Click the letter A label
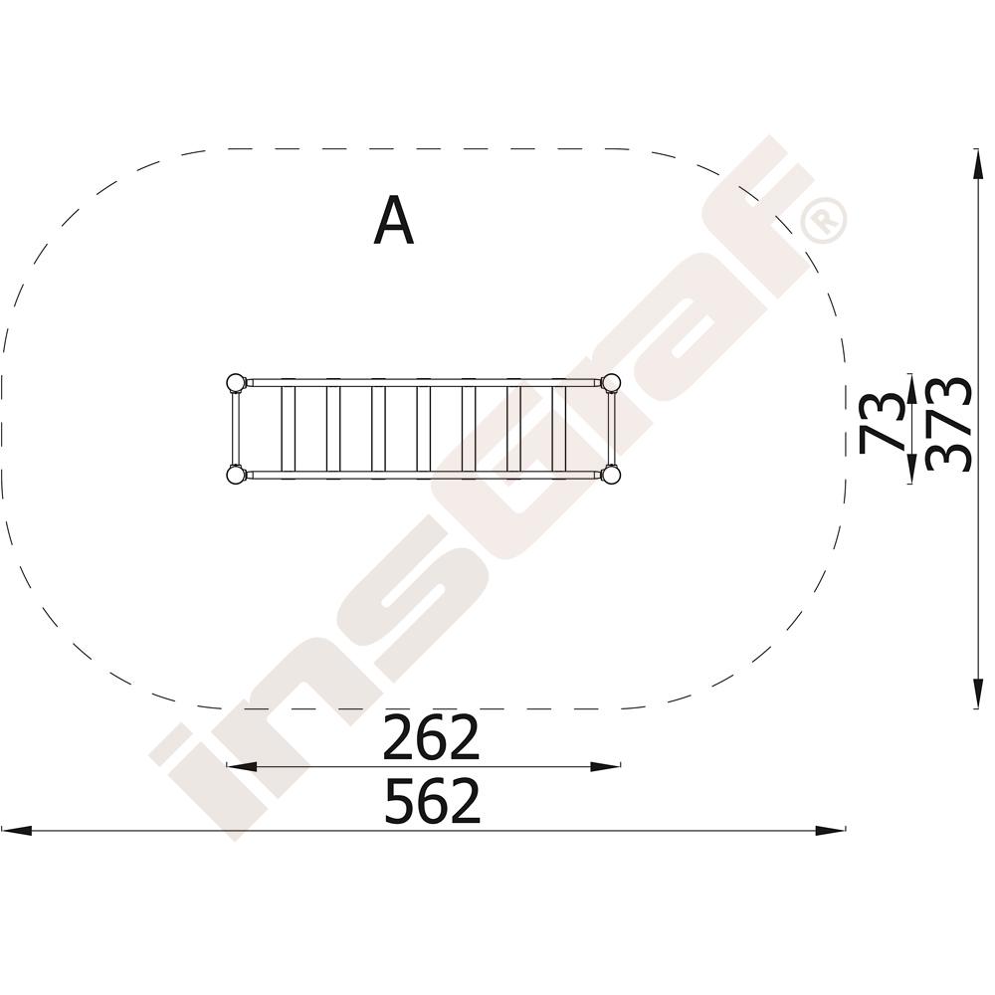click(394, 220)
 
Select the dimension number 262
click(431, 737)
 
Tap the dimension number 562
click(432, 801)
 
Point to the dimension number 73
click(881, 423)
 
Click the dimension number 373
click(948, 425)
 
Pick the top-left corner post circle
click(236, 383)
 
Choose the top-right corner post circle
click(611, 383)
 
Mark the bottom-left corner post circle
click(236, 474)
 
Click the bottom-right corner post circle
click(611, 474)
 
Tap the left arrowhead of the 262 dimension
click(241, 766)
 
